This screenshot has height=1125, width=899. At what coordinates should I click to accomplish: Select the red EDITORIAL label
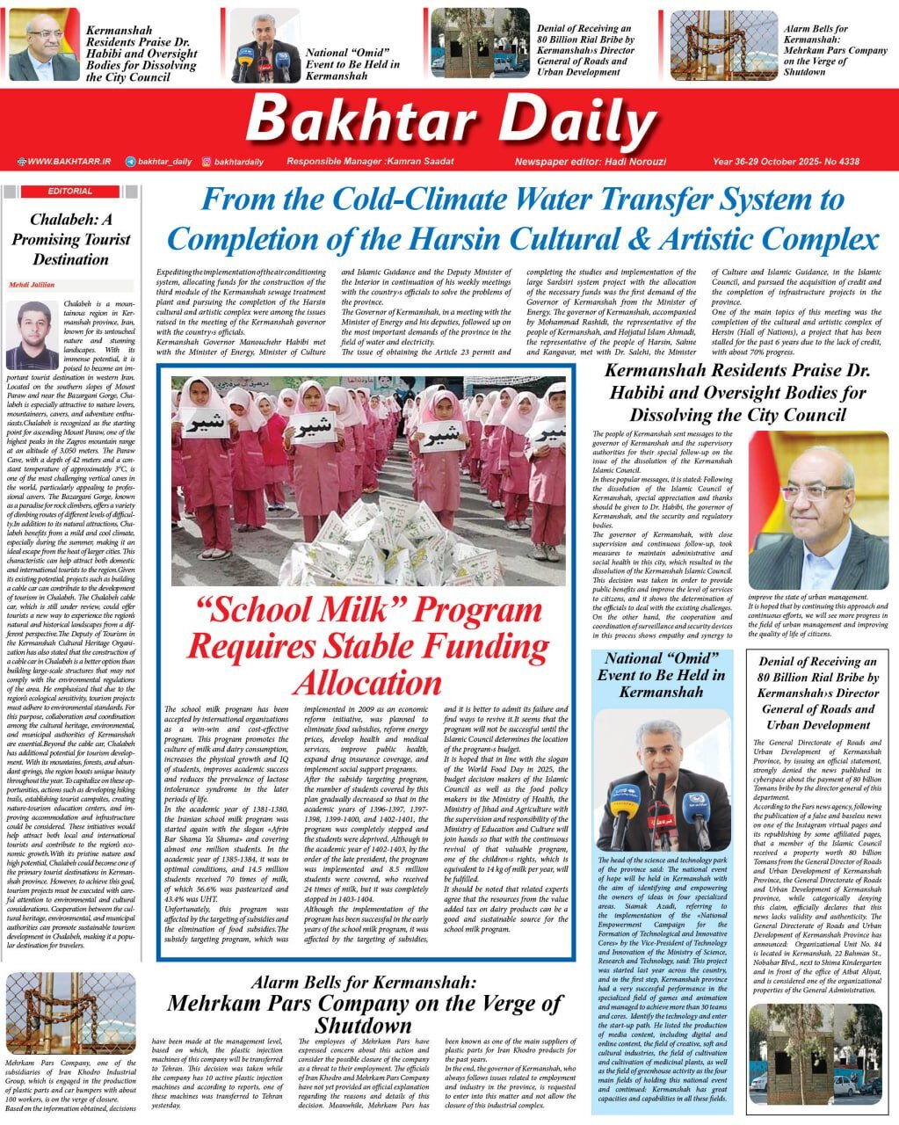click(71, 191)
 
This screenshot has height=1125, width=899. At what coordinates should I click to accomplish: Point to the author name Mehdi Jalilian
click(32, 285)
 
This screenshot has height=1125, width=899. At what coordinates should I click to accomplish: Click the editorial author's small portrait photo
click(32, 334)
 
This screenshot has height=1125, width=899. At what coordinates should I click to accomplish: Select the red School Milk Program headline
click(367, 646)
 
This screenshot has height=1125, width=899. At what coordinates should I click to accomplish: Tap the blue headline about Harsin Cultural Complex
click(522, 220)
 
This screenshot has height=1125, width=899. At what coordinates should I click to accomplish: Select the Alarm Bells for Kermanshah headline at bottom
click(364, 1004)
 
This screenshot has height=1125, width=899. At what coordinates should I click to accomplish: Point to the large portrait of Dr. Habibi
click(817, 510)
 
